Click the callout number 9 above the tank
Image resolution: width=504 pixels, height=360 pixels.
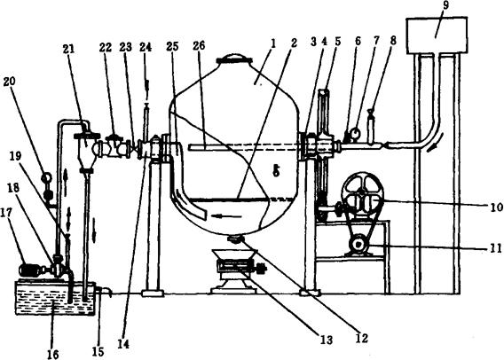446,6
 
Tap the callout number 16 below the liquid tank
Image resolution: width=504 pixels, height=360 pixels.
53,354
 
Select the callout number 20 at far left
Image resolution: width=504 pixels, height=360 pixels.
10,82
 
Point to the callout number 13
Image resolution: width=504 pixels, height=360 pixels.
327,340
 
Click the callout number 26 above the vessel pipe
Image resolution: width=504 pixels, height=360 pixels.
199,45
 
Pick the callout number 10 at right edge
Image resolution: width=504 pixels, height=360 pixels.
497,207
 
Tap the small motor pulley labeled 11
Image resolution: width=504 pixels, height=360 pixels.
358,245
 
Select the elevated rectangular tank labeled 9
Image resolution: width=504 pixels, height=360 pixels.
437,35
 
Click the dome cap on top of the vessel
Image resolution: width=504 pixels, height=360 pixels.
233,60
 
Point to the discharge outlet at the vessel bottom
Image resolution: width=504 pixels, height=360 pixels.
234,239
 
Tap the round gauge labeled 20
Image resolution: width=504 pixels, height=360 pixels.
47,177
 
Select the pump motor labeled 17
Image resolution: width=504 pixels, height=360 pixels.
29,270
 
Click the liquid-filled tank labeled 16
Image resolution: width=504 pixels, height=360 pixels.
56,298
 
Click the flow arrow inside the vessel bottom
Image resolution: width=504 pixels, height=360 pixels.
226,216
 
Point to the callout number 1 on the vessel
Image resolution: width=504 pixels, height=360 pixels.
273,44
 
